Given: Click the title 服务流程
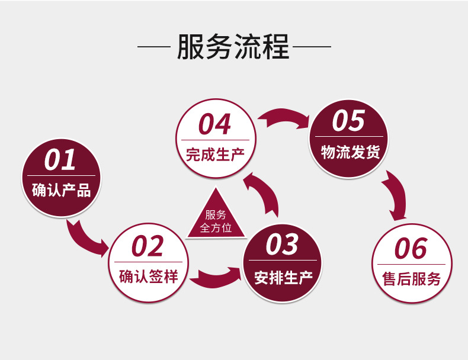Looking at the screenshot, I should [x=233, y=47].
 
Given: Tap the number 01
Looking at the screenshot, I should [x=60, y=160].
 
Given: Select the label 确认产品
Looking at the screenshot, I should [x=60, y=191].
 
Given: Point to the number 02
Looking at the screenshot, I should [x=148, y=247].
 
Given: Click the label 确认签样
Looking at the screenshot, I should [x=148, y=276].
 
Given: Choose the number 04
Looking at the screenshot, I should [x=214, y=125].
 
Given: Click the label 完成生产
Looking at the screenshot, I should [x=214, y=155].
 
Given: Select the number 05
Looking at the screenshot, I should [x=348, y=121].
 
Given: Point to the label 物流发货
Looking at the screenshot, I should [x=350, y=152].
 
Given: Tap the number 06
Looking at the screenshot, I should [x=411, y=249].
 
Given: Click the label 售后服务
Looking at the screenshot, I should [x=412, y=279].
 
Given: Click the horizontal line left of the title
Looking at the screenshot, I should [x=153, y=46].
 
